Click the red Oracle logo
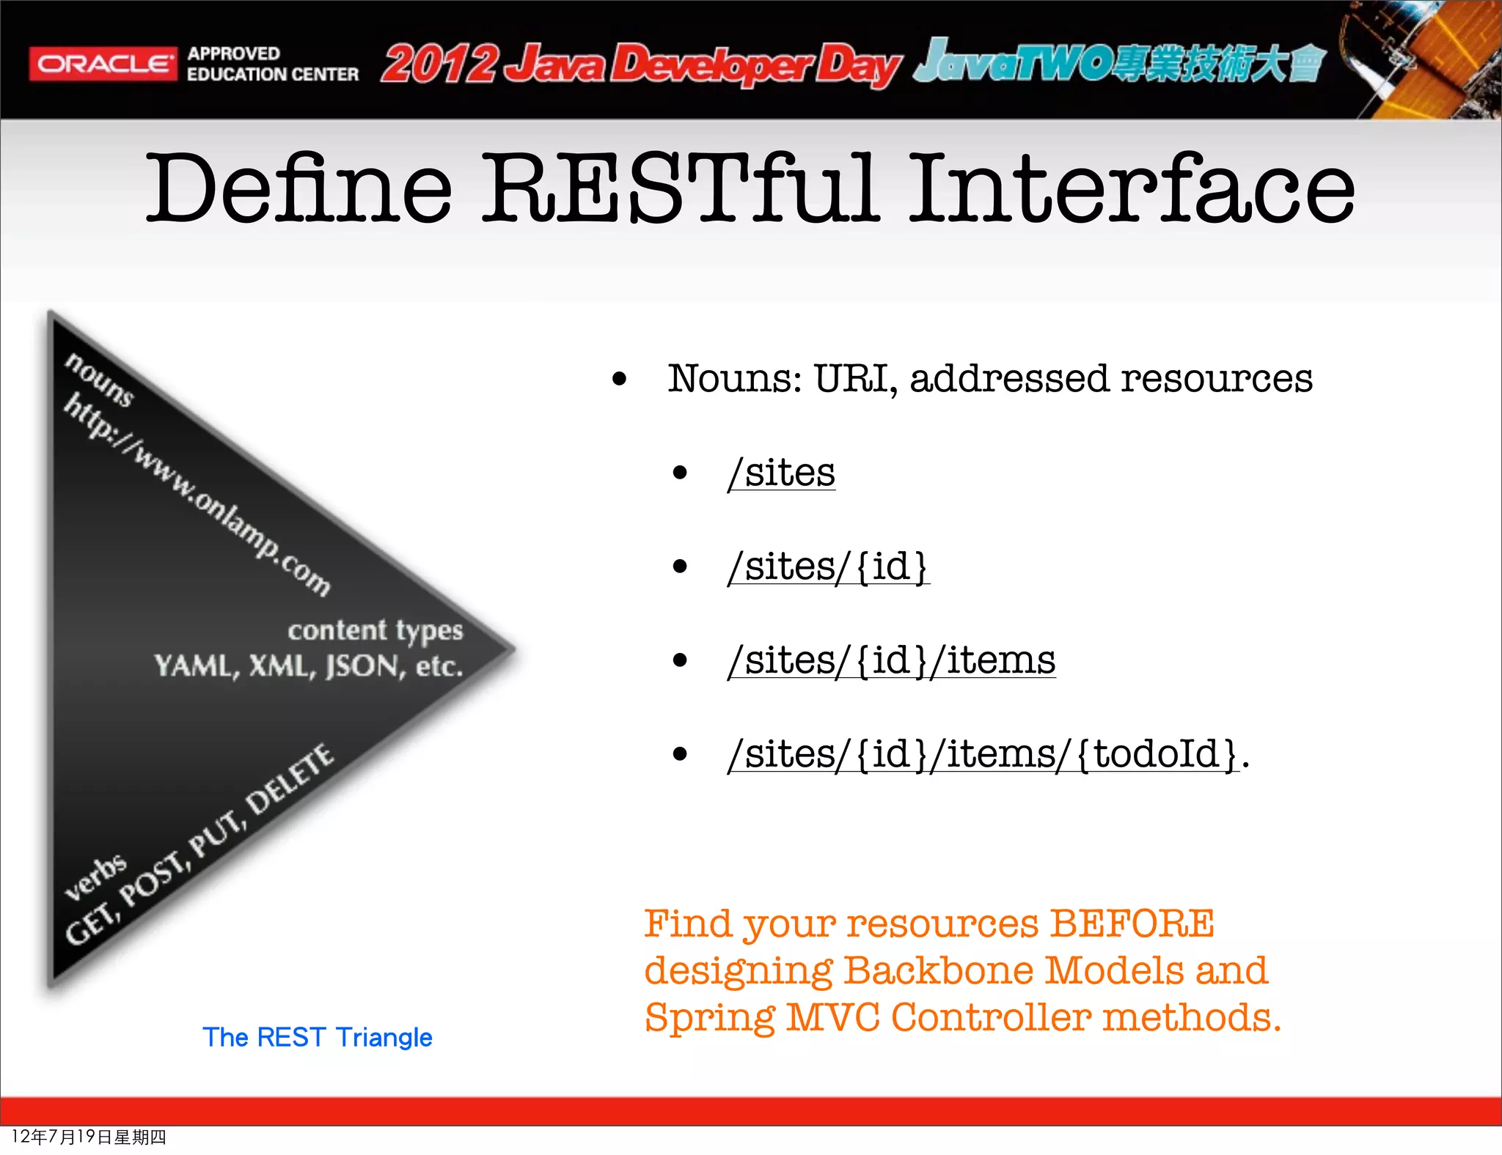pos(103,64)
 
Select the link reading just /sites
pos(782,473)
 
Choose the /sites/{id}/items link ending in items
pos(892,660)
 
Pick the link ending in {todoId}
pos(983,754)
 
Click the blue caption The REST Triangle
pos(318,1037)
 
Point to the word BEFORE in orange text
pos(1132,923)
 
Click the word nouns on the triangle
pos(100,379)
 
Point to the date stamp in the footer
pos(89,1137)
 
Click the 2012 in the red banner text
pos(439,64)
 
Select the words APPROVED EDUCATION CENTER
pos(272,64)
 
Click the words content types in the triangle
pos(375,630)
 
